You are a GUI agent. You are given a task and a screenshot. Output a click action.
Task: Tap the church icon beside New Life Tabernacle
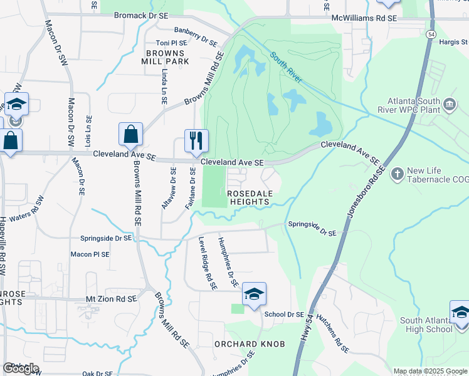tap(396, 172)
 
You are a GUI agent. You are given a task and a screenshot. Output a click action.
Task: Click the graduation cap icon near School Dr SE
tap(254, 295)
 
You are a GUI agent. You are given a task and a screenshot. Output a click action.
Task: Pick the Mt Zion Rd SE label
tap(106, 300)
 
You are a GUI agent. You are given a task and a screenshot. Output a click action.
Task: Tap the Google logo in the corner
tap(21, 368)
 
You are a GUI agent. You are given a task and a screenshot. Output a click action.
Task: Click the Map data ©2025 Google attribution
tap(430, 371)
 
